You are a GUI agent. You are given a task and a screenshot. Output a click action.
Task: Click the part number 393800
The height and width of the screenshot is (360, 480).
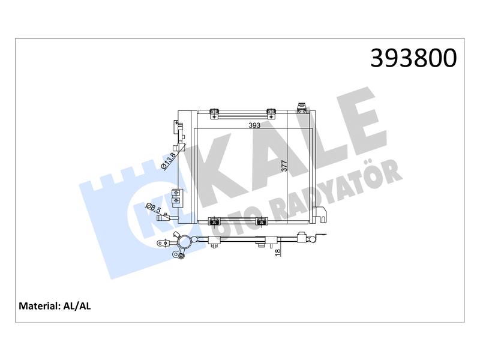413,58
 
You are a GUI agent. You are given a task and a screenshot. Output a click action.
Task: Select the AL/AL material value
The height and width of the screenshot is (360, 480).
77,306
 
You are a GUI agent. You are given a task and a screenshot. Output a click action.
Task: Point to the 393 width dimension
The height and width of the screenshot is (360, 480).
254,125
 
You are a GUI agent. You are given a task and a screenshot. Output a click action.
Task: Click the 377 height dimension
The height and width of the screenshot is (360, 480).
284,166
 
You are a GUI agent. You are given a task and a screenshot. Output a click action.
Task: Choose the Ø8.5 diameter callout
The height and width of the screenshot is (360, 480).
154,208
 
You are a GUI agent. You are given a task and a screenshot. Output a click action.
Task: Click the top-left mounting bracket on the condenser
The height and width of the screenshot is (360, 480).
214,113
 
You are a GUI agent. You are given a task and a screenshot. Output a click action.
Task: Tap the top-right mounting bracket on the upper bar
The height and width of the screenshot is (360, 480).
271,113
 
